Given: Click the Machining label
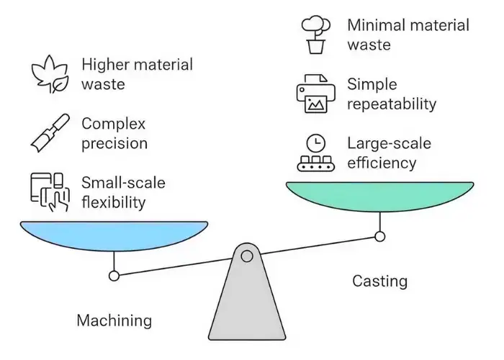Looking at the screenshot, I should pyautogui.click(x=114, y=320).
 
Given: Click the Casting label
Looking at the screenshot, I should pyautogui.click(x=379, y=281).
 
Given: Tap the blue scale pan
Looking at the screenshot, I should pyautogui.click(x=114, y=235).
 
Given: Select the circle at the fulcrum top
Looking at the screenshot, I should pyautogui.click(x=247, y=256).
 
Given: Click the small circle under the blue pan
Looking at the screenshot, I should pyautogui.click(x=114, y=275).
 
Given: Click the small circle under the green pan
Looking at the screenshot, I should pyautogui.click(x=379, y=235).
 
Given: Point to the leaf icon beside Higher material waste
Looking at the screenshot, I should pyautogui.click(x=50, y=75).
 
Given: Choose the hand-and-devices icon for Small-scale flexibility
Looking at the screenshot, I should pyautogui.click(x=50, y=192).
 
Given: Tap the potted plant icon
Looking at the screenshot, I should pyautogui.click(x=315, y=35).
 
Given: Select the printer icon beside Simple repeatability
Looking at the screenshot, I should pyautogui.click(x=315, y=94).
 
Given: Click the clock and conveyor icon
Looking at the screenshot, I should pyautogui.click(x=315, y=153).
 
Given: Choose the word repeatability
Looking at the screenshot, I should pyautogui.click(x=392, y=104).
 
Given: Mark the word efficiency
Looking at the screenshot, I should pyautogui.click(x=382, y=163).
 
